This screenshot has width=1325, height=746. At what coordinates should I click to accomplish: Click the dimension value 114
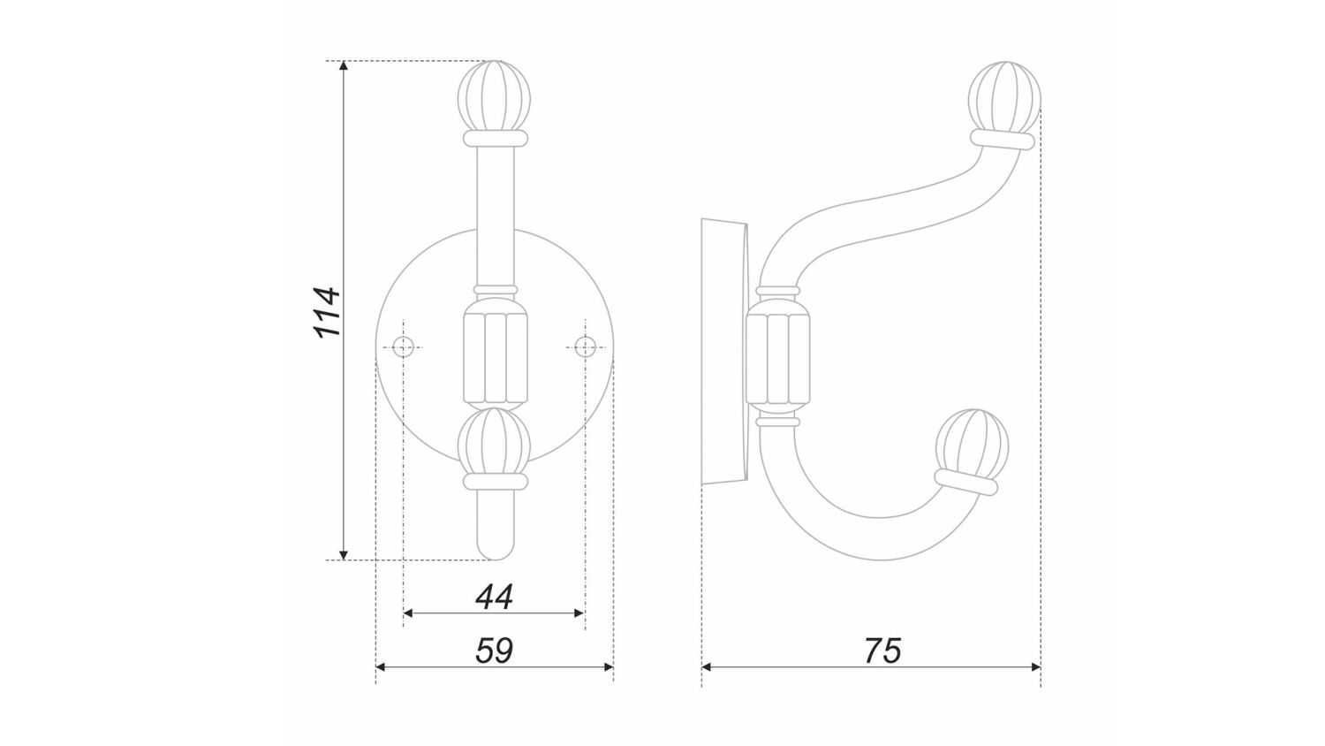point(327,313)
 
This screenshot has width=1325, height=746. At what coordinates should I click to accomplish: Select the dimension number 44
point(494,598)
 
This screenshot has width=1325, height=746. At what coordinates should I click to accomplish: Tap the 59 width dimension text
point(494,651)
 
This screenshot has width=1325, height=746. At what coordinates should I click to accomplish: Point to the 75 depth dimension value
point(882,651)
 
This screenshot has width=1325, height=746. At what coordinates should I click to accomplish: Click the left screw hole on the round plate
point(404,346)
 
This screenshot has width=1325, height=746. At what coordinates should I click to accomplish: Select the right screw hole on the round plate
point(585,346)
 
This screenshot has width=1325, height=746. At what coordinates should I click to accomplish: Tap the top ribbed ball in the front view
point(495,98)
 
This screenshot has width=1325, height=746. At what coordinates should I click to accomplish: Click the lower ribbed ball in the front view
point(495,443)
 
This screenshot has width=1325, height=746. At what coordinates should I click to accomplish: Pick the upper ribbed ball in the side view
point(1004,98)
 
